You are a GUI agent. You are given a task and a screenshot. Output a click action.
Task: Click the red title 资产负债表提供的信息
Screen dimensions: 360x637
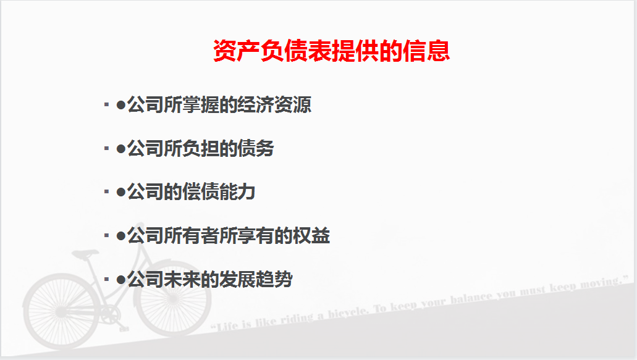[331, 51]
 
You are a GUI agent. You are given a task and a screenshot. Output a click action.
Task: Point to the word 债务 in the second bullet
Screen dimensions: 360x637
[256, 149]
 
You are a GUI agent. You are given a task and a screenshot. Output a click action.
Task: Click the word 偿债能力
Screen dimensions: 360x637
[219, 192]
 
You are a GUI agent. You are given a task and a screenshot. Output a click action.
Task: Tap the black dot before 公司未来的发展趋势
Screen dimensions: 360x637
[121, 280]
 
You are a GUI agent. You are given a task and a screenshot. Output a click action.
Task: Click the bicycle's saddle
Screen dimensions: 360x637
[85, 253]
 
